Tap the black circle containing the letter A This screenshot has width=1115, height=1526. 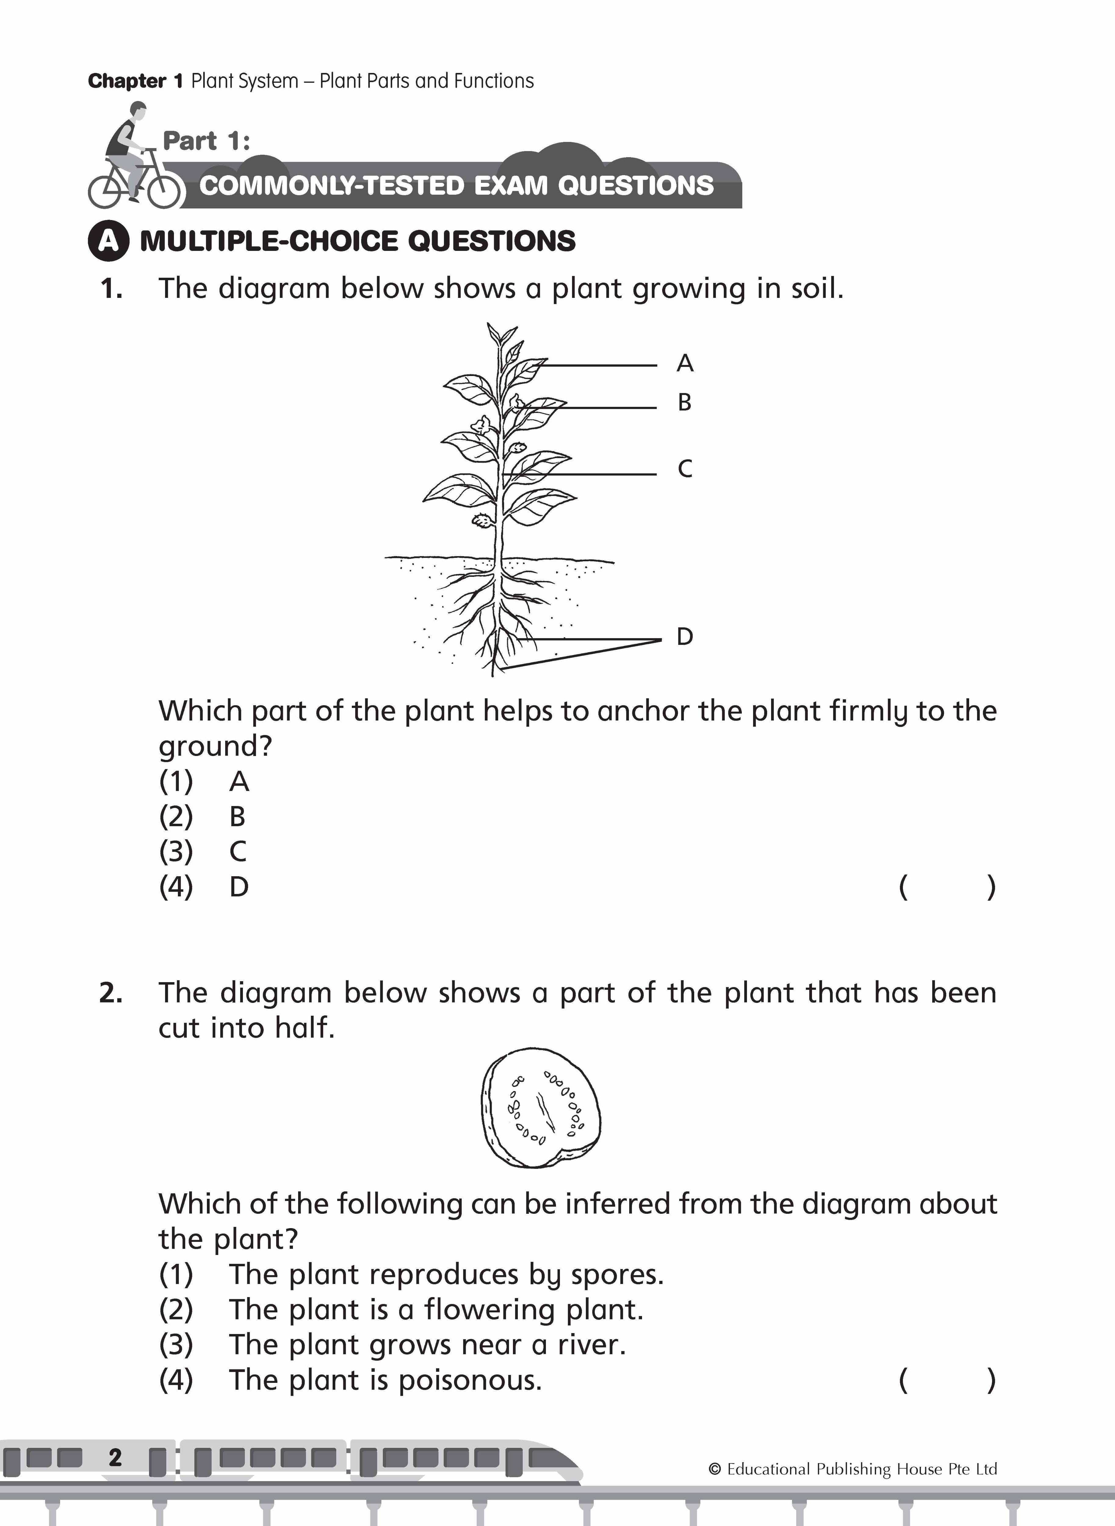click(108, 241)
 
